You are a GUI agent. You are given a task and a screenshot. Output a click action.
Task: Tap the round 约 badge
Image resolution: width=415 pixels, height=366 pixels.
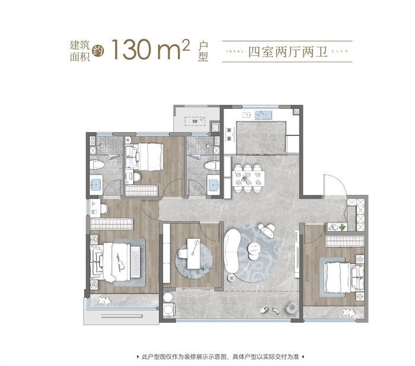98,51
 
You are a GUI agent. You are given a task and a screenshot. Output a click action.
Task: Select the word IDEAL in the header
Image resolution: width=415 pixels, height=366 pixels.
235,52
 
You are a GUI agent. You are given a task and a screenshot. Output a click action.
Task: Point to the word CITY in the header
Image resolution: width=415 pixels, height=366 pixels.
340,52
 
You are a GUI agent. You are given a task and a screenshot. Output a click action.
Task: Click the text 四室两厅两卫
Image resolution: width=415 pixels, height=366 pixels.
288,52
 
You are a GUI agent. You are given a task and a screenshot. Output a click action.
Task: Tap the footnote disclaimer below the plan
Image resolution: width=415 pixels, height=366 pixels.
220,357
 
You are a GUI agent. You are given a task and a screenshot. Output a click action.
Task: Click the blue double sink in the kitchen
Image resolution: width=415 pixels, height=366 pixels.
263,115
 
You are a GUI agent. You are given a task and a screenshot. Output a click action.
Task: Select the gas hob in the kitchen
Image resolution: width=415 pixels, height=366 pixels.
229,134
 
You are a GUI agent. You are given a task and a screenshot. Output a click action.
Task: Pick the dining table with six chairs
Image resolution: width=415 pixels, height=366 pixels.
248,178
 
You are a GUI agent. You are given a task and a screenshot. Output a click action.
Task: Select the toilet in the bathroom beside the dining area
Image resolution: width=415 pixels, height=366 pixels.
212,166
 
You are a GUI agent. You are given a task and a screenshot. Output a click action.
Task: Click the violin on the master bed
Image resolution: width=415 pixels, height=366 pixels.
120,262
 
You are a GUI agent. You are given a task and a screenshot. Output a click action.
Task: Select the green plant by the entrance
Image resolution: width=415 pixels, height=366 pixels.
342,227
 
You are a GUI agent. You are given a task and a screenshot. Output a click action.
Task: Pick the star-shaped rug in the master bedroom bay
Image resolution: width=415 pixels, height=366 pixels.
105,300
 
